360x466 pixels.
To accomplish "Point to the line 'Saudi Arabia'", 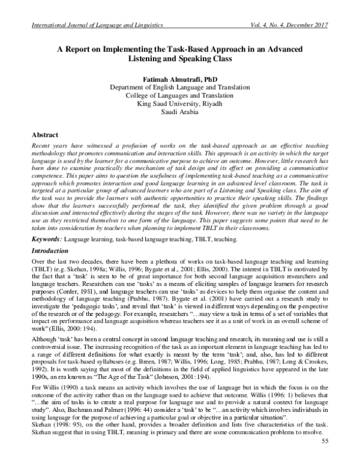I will (x=179, y=112).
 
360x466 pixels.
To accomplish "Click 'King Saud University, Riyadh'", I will (x=179, y=103).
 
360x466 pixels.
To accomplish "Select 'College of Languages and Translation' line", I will (x=179, y=95).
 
